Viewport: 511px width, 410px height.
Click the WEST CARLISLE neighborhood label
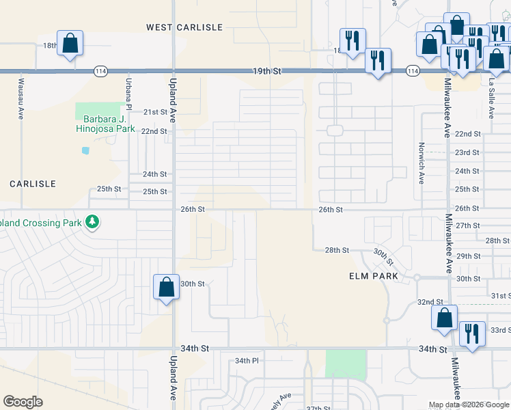tap(184, 27)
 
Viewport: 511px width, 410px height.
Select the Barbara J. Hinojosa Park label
tap(102, 121)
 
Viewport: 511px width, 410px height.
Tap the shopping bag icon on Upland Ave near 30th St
tap(166, 287)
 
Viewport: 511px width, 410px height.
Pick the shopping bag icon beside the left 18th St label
tap(70, 44)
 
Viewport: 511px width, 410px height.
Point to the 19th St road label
tap(266, 71)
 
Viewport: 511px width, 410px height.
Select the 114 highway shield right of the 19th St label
tap(412, 71)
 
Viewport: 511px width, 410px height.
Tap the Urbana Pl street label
tap(128, 93)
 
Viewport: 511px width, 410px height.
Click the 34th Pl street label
tap(247, 361)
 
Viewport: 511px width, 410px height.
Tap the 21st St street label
tap(155, 112)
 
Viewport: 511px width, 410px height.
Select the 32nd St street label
tap(430, 302)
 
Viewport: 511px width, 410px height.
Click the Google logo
tap(23, 402)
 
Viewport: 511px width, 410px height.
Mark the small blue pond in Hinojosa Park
tap(85, 150)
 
